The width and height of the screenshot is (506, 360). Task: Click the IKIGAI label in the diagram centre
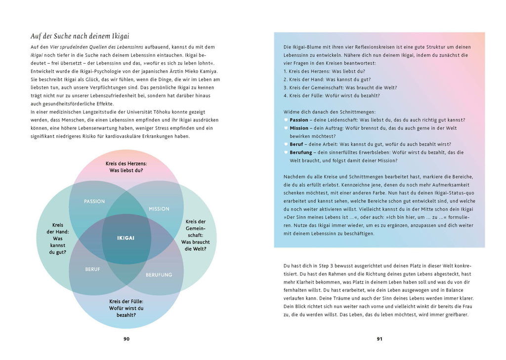126,238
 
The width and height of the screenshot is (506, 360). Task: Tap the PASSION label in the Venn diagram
94,201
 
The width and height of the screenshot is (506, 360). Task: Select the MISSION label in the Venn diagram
159,209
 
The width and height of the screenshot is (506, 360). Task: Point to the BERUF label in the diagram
92,269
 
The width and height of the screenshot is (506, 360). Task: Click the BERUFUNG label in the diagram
159,275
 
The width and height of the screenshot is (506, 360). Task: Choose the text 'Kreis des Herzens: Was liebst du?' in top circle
126,167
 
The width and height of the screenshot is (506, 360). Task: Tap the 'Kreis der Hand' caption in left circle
57,238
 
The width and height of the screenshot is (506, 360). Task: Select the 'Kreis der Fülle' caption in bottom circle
126,308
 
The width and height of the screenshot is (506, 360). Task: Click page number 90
126,339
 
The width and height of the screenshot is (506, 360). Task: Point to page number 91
379,339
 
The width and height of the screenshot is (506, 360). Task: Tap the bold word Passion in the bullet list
299,120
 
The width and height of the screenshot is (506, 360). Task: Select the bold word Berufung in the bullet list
301,153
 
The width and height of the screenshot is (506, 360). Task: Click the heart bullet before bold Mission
286,128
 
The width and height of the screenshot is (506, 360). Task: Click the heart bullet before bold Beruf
286,145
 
